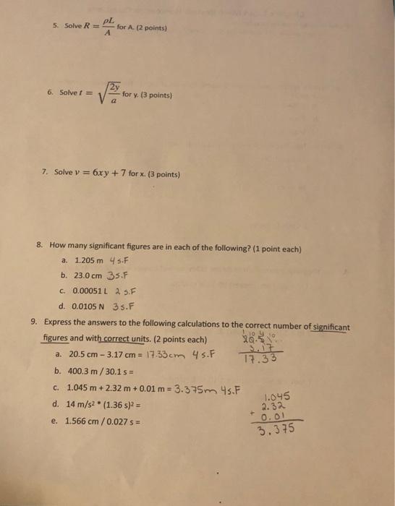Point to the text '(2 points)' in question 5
(151, 28)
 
